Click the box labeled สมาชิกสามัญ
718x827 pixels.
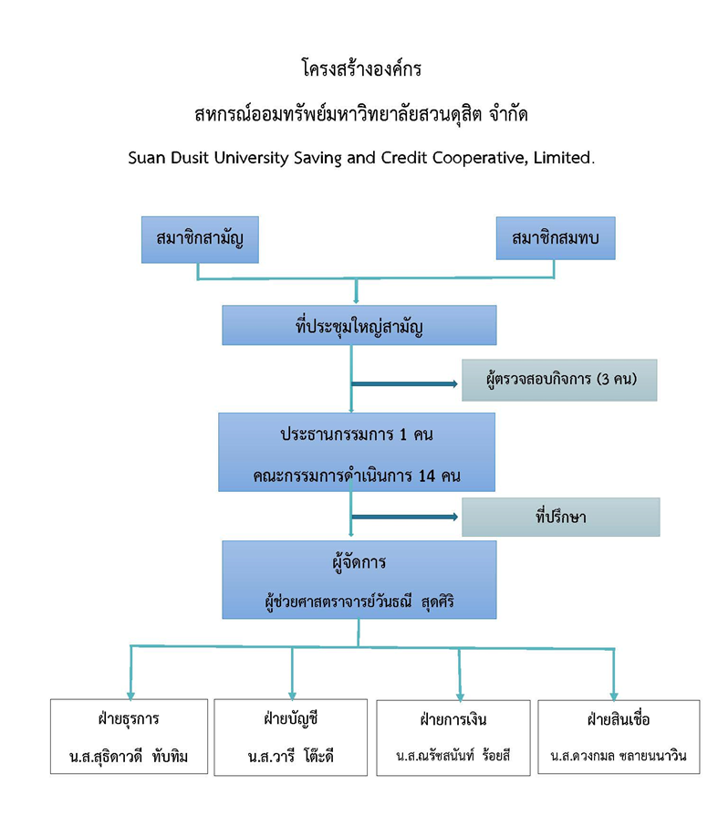200,240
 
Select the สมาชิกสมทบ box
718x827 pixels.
555,240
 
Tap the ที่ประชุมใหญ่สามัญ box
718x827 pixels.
359,325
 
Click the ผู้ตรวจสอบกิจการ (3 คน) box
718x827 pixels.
559,380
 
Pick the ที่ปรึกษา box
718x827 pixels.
560,518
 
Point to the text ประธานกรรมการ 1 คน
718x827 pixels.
357,434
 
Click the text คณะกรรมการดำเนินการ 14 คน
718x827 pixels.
357,476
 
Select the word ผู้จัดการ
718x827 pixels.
359,562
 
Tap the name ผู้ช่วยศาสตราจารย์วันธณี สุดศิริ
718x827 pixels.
358,602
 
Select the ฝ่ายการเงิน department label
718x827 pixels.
453,718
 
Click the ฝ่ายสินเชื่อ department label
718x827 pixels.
618,718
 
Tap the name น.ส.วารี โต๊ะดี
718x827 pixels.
291,757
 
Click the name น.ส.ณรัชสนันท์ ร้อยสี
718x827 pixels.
453,757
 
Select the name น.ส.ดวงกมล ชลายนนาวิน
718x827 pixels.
618,757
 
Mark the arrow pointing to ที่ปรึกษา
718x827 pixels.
405,518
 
